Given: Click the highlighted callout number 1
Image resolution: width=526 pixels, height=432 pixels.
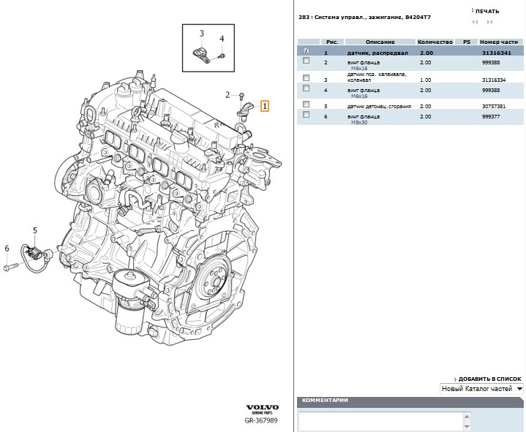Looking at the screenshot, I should click(265, 106).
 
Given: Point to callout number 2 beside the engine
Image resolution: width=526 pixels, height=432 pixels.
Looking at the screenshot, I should click(228, 95).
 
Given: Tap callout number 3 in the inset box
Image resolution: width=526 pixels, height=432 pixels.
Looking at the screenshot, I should click(202, 34).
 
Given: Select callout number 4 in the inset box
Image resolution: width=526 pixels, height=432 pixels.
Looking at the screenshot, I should click(222, 39).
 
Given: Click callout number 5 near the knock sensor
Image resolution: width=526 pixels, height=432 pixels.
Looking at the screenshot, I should click(34, 231).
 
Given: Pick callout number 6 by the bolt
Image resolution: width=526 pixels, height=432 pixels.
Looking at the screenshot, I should click(7, 249).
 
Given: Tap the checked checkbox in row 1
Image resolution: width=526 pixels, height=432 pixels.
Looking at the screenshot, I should click(306, 51).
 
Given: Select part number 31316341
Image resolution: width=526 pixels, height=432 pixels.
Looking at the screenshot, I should click(497, 54).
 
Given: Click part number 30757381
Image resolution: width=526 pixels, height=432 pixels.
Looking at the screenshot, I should click(495, 106).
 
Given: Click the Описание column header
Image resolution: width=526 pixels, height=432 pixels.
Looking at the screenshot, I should click(380, 42).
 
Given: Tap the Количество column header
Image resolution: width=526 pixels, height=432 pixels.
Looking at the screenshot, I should click(436, 42).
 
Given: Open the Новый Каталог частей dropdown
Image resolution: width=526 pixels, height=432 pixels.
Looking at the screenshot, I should click(481, 389).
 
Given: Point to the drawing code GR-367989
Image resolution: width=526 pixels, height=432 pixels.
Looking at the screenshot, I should click(262, 420).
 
